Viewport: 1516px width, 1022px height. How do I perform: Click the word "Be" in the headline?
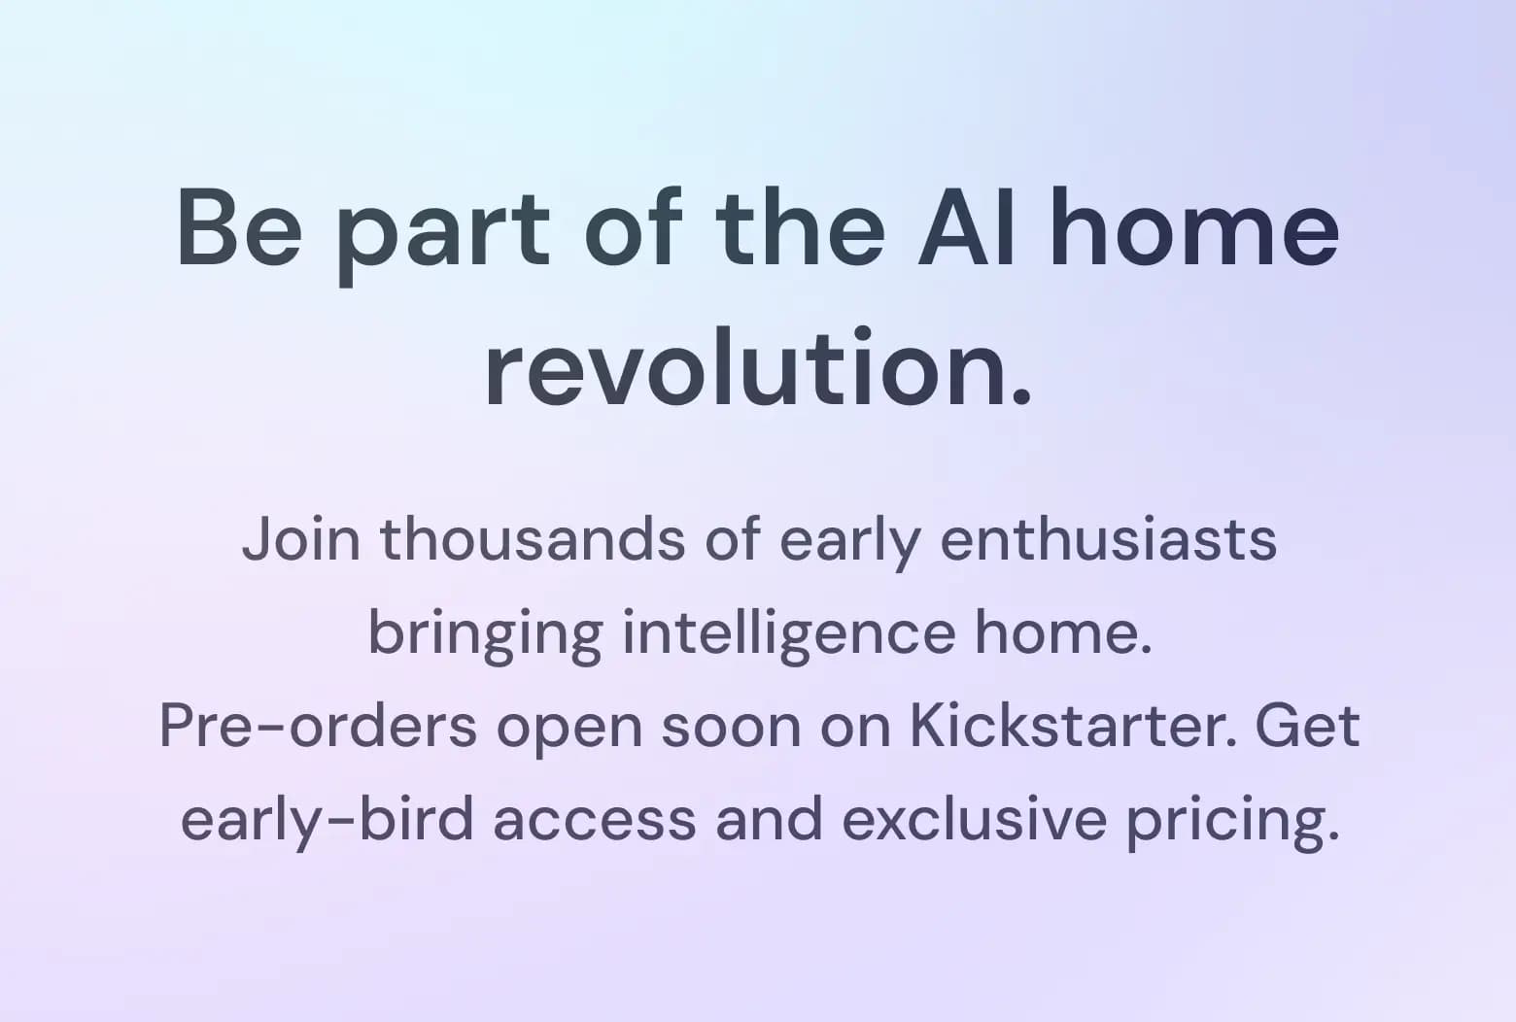[240, 228]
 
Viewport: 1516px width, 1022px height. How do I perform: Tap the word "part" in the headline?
[443, 237]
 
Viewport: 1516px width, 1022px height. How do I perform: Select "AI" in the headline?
[966, 228]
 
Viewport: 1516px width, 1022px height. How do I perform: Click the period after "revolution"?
[1019, 397]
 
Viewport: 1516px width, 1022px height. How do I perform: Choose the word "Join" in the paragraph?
[301, 539]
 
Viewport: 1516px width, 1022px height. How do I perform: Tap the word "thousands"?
[533, 539]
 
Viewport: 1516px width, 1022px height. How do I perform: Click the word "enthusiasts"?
[1109, 539]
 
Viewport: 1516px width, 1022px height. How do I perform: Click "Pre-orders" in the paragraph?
[319, 727]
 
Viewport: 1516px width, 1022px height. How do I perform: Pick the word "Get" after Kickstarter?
[1308, 726]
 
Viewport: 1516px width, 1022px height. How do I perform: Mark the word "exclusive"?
[975, 819]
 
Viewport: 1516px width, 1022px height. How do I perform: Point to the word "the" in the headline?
[800, 228]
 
